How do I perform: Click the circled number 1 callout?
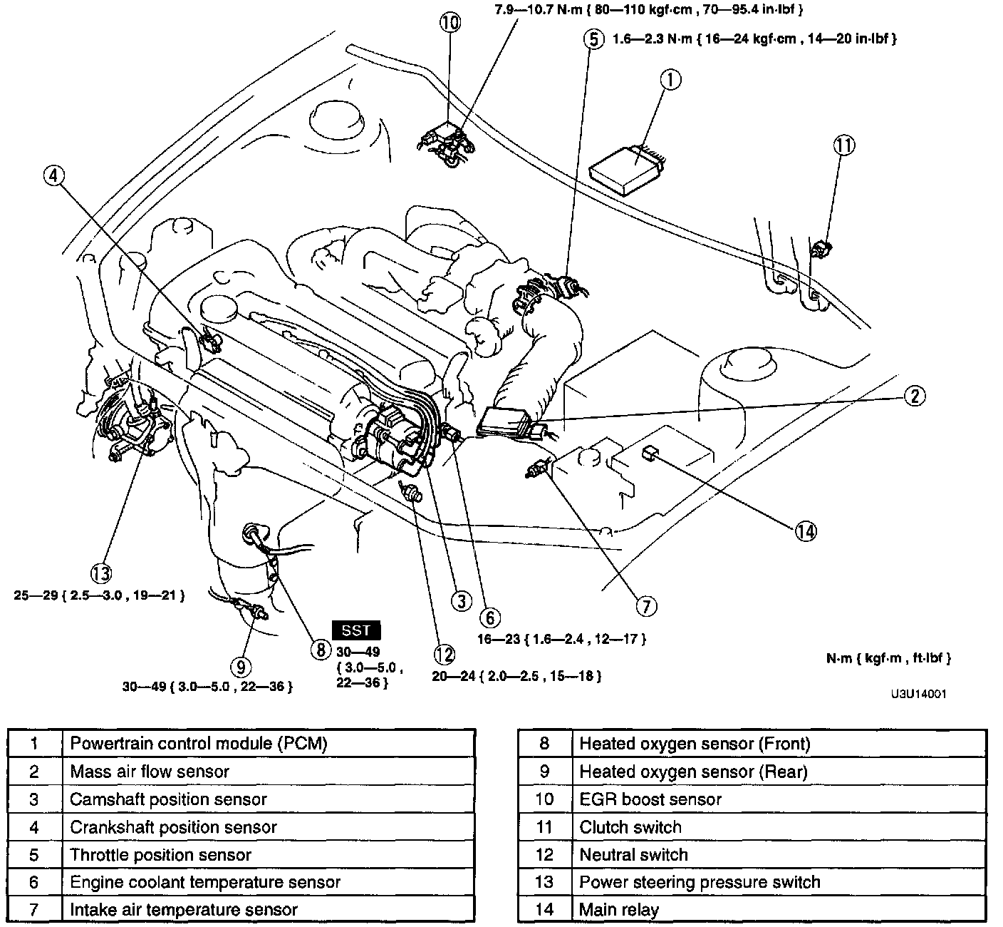click(x=670, y=80)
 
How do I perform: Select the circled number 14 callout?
click(x=806, y=531)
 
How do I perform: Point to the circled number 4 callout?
click(x=54, y=175)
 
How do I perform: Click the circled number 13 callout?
click(x=102, y=572)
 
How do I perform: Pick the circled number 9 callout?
click(x=241, y=666)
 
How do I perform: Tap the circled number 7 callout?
click(x=645, y=606)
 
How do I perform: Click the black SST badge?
click(x=356, y=630)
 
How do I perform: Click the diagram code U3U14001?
click(x=918, y=693)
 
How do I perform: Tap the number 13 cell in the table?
click(x=544, y=882)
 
